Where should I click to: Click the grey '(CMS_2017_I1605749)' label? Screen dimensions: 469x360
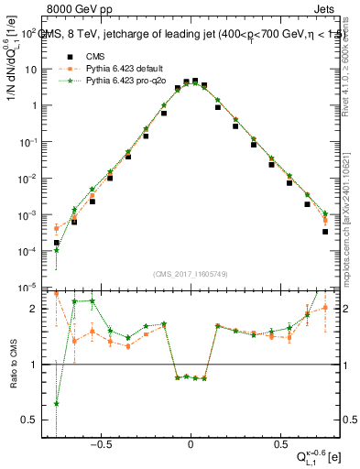(191, 275)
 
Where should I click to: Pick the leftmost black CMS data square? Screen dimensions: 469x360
(57, 243)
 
